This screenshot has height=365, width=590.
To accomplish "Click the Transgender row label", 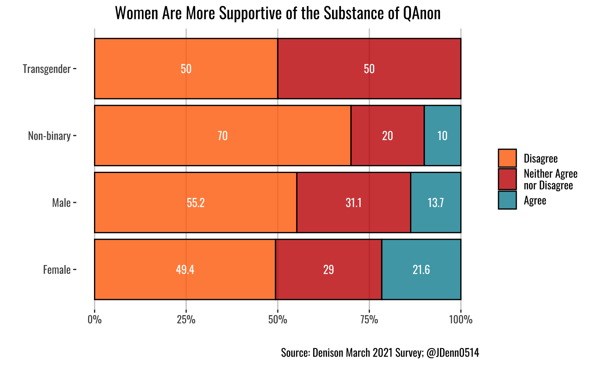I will (x=47, y=69).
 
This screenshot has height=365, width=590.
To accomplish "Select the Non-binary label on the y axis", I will (x=49, y=136).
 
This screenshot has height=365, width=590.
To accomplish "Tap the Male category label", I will (x=61, y=203).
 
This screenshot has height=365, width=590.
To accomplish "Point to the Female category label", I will (x=57, y=270).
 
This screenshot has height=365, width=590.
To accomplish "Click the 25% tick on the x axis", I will (x=186, y=319).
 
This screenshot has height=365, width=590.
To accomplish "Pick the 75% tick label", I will (x=369, y=319).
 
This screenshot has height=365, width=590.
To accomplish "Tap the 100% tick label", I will (x=461, y=319).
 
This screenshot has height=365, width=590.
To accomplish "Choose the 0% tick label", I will (x=94, y=319).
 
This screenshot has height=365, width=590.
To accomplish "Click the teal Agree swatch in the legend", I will (x=507, y=200).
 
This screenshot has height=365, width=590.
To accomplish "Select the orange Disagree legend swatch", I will (x=507, y=158).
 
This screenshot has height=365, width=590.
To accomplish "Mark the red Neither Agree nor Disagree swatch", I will (x=507, y=179).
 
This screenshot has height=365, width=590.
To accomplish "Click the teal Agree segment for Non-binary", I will (x=442, y=136).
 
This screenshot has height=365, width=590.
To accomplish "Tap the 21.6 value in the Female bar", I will (x=421, y=270).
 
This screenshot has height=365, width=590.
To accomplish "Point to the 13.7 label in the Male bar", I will (x=435, y=203).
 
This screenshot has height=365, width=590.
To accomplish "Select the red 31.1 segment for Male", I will (x=354, y=203).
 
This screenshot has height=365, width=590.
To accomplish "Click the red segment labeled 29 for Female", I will (x=328, y=270).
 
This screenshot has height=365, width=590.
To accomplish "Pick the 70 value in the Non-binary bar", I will (x=223, y=136).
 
